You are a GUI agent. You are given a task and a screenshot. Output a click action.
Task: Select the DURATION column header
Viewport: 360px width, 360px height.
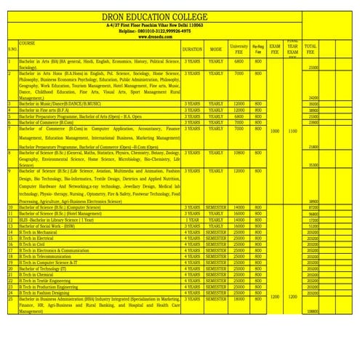coord(193,49)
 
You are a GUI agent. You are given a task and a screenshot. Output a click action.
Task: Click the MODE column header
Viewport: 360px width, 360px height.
coord(216,49)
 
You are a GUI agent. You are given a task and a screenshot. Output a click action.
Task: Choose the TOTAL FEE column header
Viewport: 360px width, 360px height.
coord(311,49)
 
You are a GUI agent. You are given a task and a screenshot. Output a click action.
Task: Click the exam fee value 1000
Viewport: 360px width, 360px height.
coord(274,131)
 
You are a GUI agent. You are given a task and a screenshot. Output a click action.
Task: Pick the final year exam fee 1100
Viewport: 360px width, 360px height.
coord(292,131)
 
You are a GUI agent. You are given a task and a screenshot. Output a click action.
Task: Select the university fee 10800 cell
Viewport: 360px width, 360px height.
coord(239,153)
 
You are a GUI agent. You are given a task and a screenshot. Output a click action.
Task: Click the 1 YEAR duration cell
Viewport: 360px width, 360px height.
coord(193,219)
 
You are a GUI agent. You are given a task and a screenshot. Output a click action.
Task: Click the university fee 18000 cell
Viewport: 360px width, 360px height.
coord(239,299)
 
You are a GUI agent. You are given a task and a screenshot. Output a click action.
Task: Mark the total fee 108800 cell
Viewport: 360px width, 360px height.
coord(313,311)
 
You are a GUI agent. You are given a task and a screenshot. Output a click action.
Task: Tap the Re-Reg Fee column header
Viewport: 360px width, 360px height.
coord(258,49)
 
